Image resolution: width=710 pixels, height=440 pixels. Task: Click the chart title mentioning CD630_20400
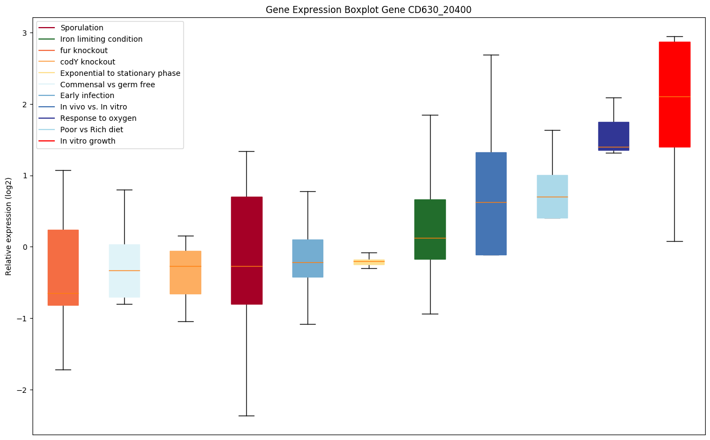tap(368, 10)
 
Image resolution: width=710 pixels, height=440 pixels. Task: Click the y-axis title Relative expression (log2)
tap(8, 226)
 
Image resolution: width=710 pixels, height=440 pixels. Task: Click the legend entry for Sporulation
tap(82, 28)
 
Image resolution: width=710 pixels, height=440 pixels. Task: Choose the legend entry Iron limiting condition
tap(101, 39)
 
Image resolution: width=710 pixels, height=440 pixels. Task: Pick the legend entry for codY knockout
tap(88, 62)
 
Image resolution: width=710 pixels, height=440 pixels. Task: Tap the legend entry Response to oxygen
tap(98, 118)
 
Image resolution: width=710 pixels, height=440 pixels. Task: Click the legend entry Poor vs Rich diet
tap(92, 130)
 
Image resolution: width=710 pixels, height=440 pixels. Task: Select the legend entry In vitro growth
tap(88, 141)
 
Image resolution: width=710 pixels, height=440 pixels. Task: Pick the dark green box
tap(430, 229)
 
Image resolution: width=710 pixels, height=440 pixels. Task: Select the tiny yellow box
tap(369, 262)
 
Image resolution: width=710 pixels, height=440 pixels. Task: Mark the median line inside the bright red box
tap(674, 96)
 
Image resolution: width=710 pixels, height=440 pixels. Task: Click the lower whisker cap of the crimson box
tap(247, 416)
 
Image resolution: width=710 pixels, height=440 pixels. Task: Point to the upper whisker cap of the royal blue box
tap(491, 55)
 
